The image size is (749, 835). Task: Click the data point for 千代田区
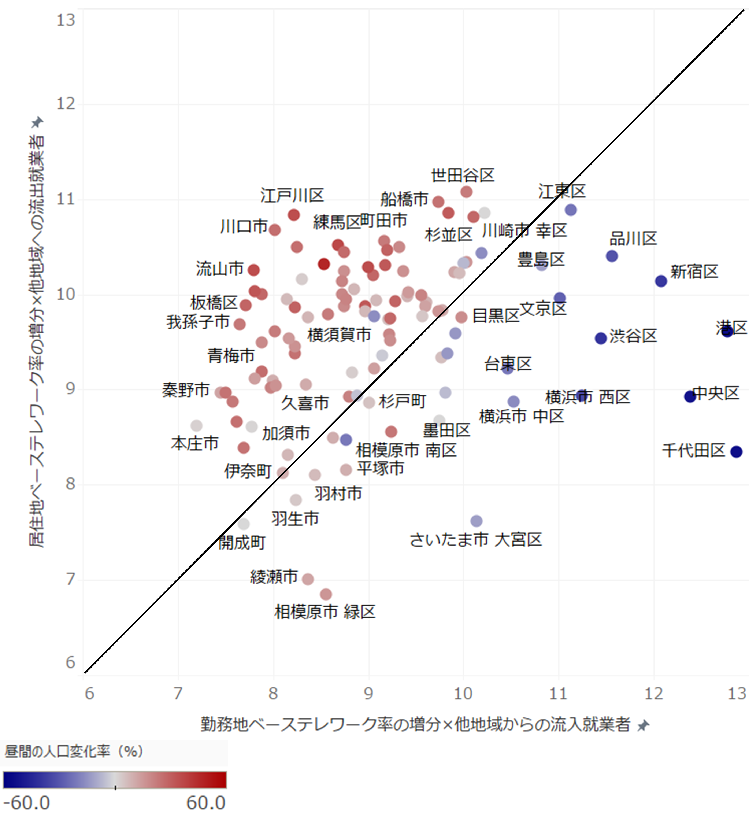[x=736, y=451]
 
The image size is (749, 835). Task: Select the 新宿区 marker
[x=661, y=281]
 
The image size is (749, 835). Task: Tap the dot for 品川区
[x=612, y=256]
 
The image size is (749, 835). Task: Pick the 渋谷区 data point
[x=601, y=338]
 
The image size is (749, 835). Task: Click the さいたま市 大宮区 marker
[x=476, y=521]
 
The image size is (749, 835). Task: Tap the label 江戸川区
[x=292, y=195]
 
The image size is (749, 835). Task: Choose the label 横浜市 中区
[x=521, y=417]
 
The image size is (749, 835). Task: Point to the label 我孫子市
[x=198, y=322]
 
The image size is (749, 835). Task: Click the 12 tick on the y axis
[x=66, y=104]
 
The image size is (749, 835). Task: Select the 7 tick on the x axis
[x=178, y=693]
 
